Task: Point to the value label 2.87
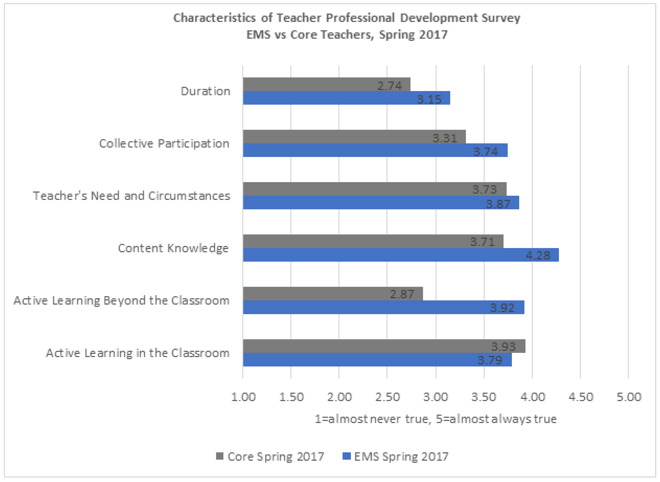click(x=402, y=294)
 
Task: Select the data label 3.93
click(x=503, y=347)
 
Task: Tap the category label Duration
click(x=205, y=91)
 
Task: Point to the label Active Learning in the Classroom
click(x=138, y=353)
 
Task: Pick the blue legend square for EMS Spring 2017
click(x=347, y=456)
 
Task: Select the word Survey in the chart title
click(x=501, y=18)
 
